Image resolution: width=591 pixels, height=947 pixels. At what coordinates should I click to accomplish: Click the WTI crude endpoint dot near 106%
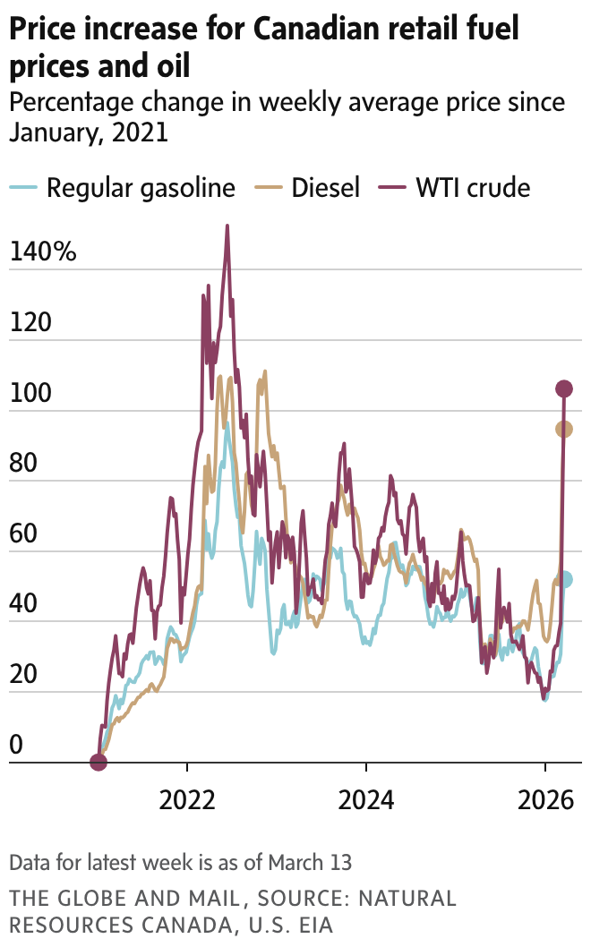[564, 388]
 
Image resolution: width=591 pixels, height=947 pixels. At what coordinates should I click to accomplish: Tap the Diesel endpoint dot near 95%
[564, 430]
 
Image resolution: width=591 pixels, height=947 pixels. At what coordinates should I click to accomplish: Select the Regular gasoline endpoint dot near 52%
[564, 580]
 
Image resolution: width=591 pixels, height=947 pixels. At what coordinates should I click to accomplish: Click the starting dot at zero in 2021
[98, 763]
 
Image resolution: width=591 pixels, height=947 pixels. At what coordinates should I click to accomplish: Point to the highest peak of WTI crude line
[227, 226]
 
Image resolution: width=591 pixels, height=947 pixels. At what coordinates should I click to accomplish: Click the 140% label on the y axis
[43, 252]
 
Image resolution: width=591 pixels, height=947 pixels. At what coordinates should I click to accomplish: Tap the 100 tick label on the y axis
[30, 394]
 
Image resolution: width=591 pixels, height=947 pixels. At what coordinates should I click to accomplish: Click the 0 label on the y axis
[17, 746]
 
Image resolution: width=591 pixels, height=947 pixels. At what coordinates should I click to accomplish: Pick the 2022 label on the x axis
[187, 798]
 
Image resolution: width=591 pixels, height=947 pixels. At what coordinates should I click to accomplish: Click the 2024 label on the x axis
[365, 798]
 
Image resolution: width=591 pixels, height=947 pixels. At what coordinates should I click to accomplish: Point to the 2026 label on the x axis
[544, 798]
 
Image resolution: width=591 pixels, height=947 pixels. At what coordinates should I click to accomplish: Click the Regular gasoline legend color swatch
[23, 188]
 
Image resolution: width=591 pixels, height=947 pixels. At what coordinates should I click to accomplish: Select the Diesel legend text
[325, 188]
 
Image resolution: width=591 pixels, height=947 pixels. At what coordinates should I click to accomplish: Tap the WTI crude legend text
[472, 188]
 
